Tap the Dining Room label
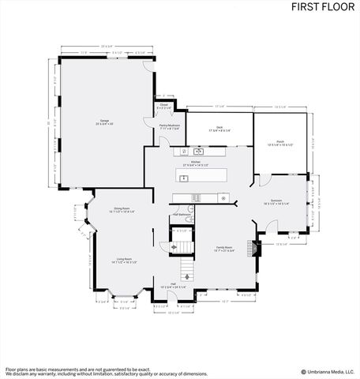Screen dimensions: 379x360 122,209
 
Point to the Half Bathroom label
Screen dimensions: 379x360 182,213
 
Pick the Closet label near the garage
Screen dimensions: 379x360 163,105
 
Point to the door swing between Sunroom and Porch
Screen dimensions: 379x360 257,181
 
